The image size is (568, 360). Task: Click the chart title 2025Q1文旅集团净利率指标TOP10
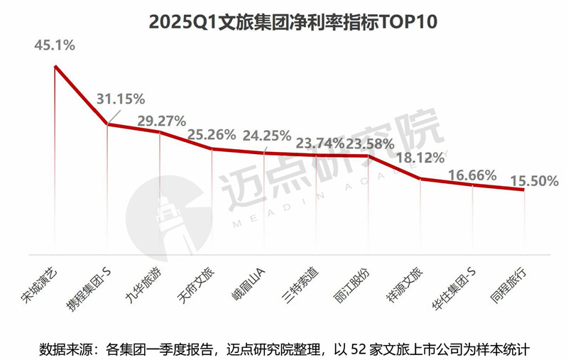pos(284,21)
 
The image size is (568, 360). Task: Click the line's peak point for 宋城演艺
pos(55,67)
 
